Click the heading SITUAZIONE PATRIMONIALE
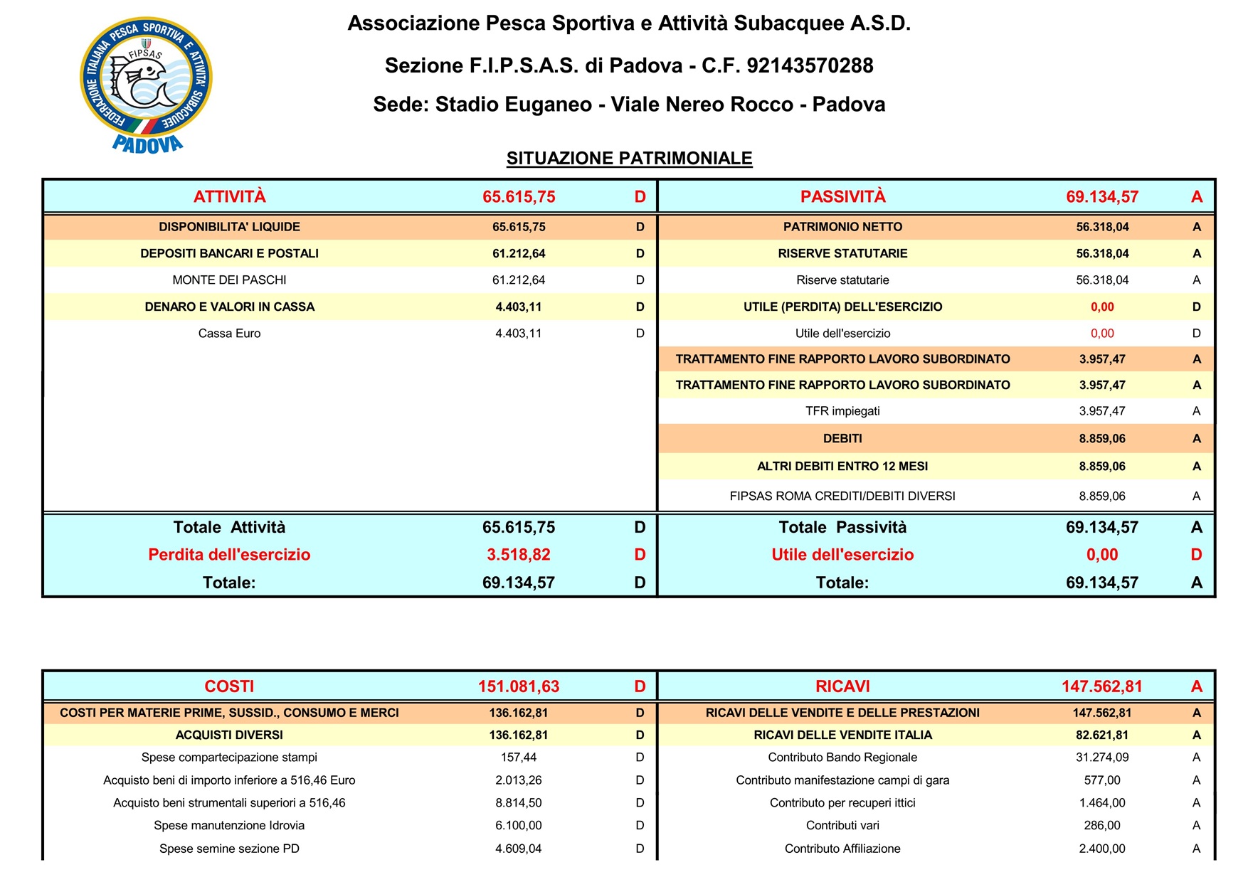point(629,158)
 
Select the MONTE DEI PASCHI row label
point(229,280)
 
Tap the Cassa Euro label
point(229,334)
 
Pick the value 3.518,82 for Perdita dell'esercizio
point(518,555)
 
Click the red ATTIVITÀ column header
point(229,197)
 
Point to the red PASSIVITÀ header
point(842,197)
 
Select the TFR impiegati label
point(842,411)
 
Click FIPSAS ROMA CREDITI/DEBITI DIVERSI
point(842,496)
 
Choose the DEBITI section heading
point(842,439)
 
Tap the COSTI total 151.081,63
point(518,686)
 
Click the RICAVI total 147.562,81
point(1101,686)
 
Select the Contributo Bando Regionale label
point(842,758)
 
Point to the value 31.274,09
point(1101,758)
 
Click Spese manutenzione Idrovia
point(229,826)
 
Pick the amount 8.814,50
point(518,803)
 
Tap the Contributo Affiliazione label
point(842,849)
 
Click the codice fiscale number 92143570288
point(810,66)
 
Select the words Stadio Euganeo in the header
point(513,105)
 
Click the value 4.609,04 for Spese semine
point(518,849)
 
